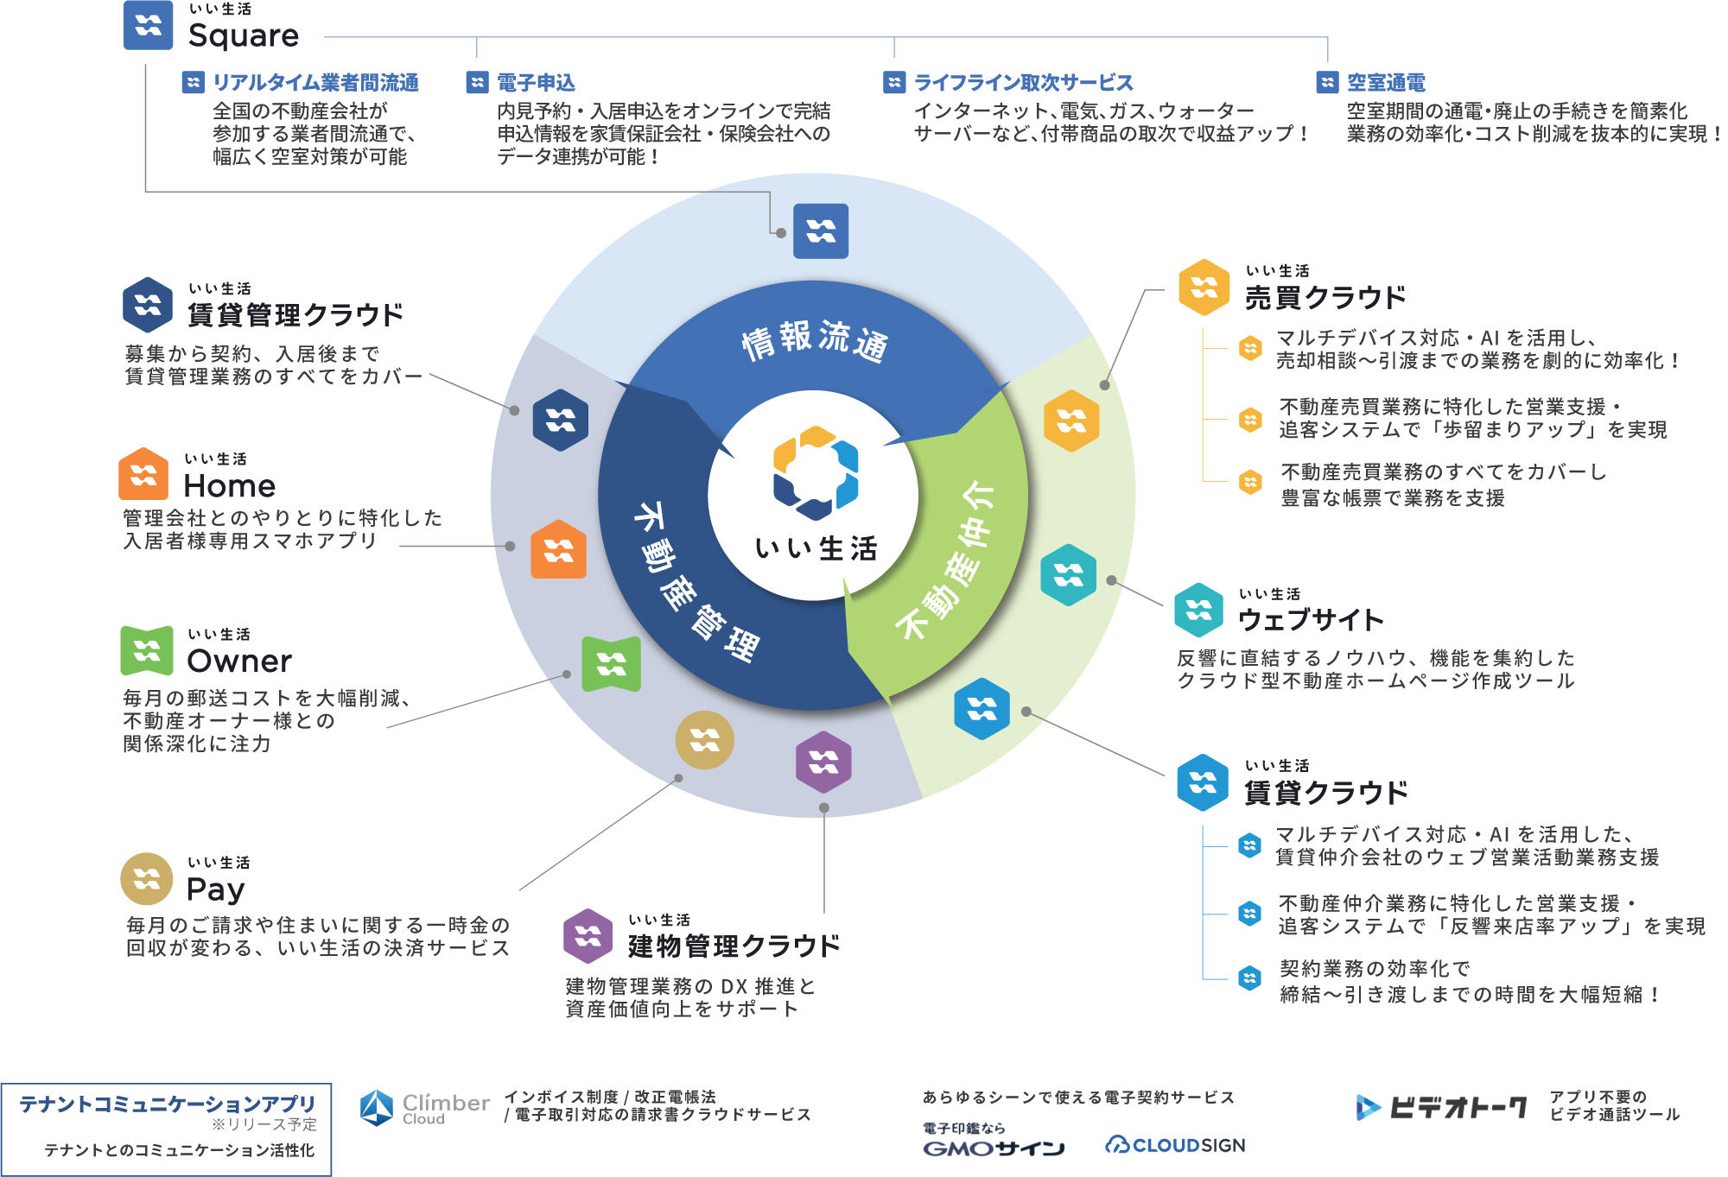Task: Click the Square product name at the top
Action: click(x=244, y=35)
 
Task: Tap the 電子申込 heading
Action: click(x=536, y=83)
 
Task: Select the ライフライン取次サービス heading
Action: click(x=1023, y=83)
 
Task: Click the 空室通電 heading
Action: click(x=1386, y=83)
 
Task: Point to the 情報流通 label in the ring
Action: click(x=814, y=341)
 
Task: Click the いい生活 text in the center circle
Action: click(x=816, y=548)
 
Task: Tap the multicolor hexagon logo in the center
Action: click(x=815, y=472)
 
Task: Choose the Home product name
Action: click(x=230, y=486)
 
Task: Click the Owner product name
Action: click(x=239, y=661)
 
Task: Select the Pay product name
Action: click(x=216, y=889)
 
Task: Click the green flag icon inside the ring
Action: click(x=611, y=664)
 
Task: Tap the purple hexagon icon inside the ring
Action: click(x=823, y=763)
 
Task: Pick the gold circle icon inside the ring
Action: click(x=704, y=740)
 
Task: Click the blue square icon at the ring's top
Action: click(x=821, y=231)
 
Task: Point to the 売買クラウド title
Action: click(x=1325, y=298)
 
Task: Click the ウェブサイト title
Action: click(x=1311, y=619)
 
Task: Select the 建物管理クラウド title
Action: click(x=734, y=946)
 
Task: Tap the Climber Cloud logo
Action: click(x=424, y=1108)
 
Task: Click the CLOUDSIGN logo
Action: click(x=1176, y=1145)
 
